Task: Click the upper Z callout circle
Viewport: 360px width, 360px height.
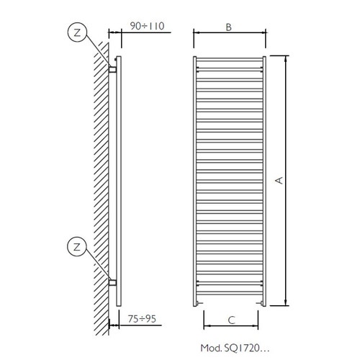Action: [x=77, y=32]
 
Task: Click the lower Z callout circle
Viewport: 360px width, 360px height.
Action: [x=77, y=247]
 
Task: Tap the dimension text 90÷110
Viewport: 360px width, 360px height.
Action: [x=148, y=27]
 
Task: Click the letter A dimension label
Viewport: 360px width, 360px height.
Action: [x=282, y=181]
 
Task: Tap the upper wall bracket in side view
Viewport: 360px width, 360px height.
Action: [x=112, y=68]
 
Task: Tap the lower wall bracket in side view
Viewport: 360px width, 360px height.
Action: [x=112, y=282]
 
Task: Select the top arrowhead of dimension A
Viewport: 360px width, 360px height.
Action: [x=286, y=58]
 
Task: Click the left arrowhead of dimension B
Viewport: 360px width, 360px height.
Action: [x=197, y=34]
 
